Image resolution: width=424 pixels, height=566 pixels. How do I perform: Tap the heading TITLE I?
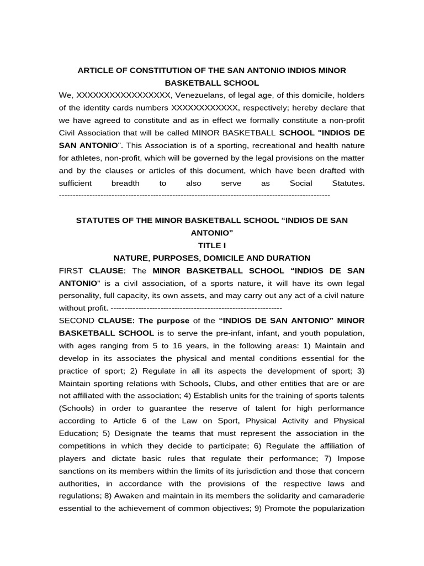click(212, 245)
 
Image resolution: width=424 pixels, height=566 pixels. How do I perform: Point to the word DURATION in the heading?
click(289, 258)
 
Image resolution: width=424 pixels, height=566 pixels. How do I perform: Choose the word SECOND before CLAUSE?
click(76, 321)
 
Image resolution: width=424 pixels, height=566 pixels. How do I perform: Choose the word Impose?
click(351, 458)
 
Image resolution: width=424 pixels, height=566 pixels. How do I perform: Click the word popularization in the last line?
click(339, 509)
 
